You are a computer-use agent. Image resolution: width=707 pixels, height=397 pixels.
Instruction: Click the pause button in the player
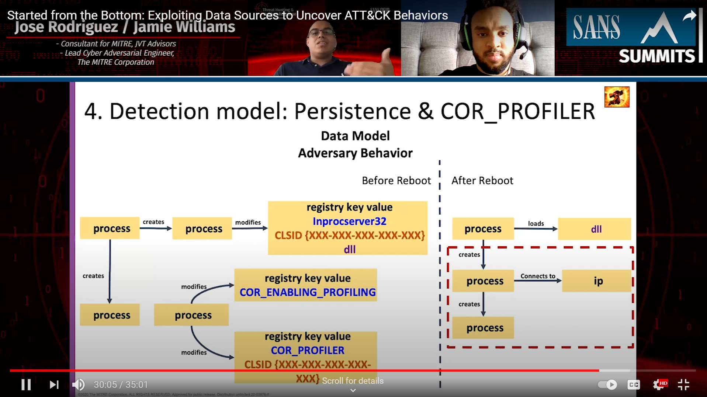pos(26,384)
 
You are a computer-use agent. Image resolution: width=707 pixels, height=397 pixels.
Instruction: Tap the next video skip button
pos(54,384)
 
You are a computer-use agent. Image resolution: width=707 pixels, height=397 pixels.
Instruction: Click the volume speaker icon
pos(78,384)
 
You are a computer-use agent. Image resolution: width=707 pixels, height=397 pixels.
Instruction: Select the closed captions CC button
pos(633,384)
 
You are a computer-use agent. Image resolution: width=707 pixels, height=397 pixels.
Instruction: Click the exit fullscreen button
pos(683,384)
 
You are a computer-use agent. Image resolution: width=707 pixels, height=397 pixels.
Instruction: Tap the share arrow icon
pos(689,16)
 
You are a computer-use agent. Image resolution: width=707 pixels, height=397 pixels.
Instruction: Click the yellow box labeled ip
pos(597,281)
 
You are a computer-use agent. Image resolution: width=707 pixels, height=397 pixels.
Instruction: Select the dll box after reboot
pos(595,229)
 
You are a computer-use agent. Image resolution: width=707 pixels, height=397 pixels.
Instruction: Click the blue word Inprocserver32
pos(349,221)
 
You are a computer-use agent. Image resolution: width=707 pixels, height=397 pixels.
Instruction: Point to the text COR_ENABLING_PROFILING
pos(308,292)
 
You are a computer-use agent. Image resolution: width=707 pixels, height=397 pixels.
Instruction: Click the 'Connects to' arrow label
pos(538,276)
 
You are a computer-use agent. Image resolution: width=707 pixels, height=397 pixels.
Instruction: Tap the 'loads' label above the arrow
pos(536,223)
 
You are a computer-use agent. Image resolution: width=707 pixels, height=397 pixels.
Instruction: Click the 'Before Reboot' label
pos(396,181)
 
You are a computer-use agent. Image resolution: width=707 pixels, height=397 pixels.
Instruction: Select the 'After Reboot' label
pos(482,181)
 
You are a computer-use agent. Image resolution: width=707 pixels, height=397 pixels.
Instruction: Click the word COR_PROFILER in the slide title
pos(517,111)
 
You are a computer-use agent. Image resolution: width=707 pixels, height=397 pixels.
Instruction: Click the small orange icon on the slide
pos(617,97)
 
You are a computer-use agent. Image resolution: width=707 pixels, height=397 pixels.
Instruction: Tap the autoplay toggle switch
pos(607,384)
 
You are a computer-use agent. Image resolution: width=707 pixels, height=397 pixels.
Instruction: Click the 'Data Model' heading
pos(355,136)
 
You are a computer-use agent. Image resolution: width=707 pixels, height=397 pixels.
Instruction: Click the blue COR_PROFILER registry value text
pos(308,350)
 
